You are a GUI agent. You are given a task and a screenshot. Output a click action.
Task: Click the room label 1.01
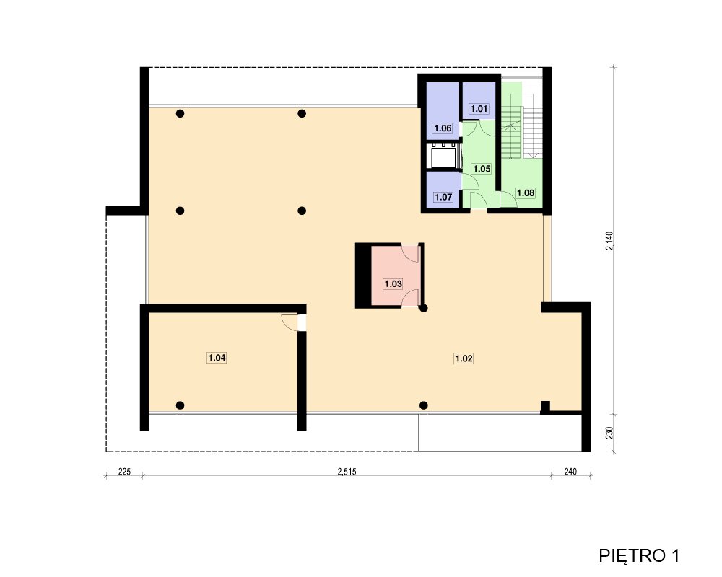tap(479, 109)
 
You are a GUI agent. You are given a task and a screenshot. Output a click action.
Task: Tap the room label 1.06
tap(443, 128)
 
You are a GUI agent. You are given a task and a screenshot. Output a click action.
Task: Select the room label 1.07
tap(443, 198)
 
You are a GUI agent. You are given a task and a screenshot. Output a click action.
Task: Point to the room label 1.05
tap(482, 169)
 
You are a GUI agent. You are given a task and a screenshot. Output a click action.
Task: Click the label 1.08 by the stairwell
tap(526, 193)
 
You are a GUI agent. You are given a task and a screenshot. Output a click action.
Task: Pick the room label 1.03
tap(393, 284)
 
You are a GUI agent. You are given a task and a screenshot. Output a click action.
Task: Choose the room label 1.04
tap(217, 358)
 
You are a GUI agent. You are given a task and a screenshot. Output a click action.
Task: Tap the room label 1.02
tap(464, 358)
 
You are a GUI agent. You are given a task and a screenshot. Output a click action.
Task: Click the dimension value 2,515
tap(347, 472)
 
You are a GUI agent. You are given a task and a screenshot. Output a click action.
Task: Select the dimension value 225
tap(124, 472)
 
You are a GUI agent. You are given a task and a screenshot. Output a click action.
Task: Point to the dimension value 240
tap(570, 472)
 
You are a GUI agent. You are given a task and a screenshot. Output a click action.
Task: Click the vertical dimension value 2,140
tap(609, 241)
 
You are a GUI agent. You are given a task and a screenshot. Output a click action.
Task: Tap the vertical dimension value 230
tap(609, 433)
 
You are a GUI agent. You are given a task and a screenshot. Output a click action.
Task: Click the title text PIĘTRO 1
tap(639, 556)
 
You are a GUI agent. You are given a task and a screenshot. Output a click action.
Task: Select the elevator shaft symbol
tap(444, 156)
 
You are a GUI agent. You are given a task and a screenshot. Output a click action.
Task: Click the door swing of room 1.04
tap(290, 322)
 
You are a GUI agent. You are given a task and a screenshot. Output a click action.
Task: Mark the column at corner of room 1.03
tap(424, 308)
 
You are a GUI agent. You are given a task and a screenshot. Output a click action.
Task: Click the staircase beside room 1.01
tap(521, 120)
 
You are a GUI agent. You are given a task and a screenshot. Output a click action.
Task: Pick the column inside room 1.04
tap(180, 405)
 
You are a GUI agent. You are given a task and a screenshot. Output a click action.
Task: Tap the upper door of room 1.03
tap(410, 254)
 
